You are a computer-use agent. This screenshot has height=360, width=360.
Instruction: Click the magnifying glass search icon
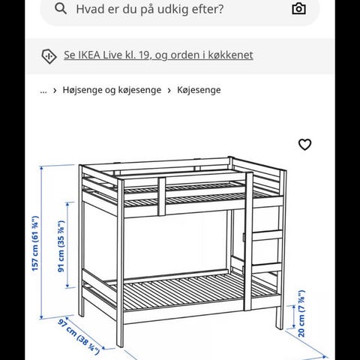tap(61, 9)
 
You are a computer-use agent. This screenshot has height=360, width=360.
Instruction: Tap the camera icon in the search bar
tap(298, 9)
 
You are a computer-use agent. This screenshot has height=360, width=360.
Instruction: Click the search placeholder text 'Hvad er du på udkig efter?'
tap(150, 9)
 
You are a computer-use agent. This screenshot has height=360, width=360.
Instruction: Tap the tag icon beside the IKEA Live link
tap(49, 56)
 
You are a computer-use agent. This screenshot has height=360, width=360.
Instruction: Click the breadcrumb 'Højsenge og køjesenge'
tap(112, 90)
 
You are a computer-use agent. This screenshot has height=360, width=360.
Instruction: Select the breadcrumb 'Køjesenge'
tap(199, 90)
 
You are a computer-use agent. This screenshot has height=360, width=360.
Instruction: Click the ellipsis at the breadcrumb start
tap(43, 91)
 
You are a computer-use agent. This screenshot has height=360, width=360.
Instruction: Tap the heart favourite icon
tap(304, 145)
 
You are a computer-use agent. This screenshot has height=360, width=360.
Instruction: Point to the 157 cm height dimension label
tap(35, 244)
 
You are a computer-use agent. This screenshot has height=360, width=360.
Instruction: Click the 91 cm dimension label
tap(61, 246)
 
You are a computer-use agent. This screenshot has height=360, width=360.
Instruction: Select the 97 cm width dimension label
tap(79, 337)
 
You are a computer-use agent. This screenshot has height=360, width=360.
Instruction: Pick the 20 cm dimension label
tap(301, 313)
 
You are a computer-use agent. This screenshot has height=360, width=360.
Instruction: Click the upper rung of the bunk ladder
tap(268, 235)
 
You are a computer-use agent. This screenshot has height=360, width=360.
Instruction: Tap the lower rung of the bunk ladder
tap(268, 268)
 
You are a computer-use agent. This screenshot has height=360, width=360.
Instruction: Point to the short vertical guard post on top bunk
tap(162, 196)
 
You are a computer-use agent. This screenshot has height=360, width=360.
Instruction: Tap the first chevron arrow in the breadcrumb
tap(55, 91)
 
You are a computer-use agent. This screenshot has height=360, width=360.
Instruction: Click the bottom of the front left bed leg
tap(120, 346)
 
